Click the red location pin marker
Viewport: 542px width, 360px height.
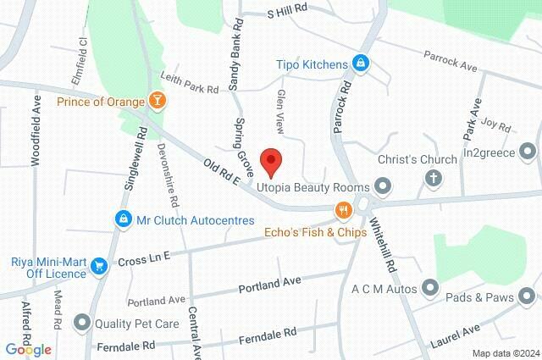[270, 159]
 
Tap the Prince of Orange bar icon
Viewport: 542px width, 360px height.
[157, 101]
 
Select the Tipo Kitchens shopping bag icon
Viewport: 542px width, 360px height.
[361, 64]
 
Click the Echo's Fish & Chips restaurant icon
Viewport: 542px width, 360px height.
[343, 210]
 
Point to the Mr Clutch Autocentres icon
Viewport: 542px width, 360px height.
[124, 219]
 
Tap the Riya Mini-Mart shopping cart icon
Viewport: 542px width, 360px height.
[100, 266]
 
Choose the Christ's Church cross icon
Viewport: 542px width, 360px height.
[433, 178]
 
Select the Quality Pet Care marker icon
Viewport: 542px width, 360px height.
[82, 322]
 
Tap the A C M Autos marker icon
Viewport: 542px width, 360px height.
[432, 289]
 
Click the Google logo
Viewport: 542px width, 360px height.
[28, 349]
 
